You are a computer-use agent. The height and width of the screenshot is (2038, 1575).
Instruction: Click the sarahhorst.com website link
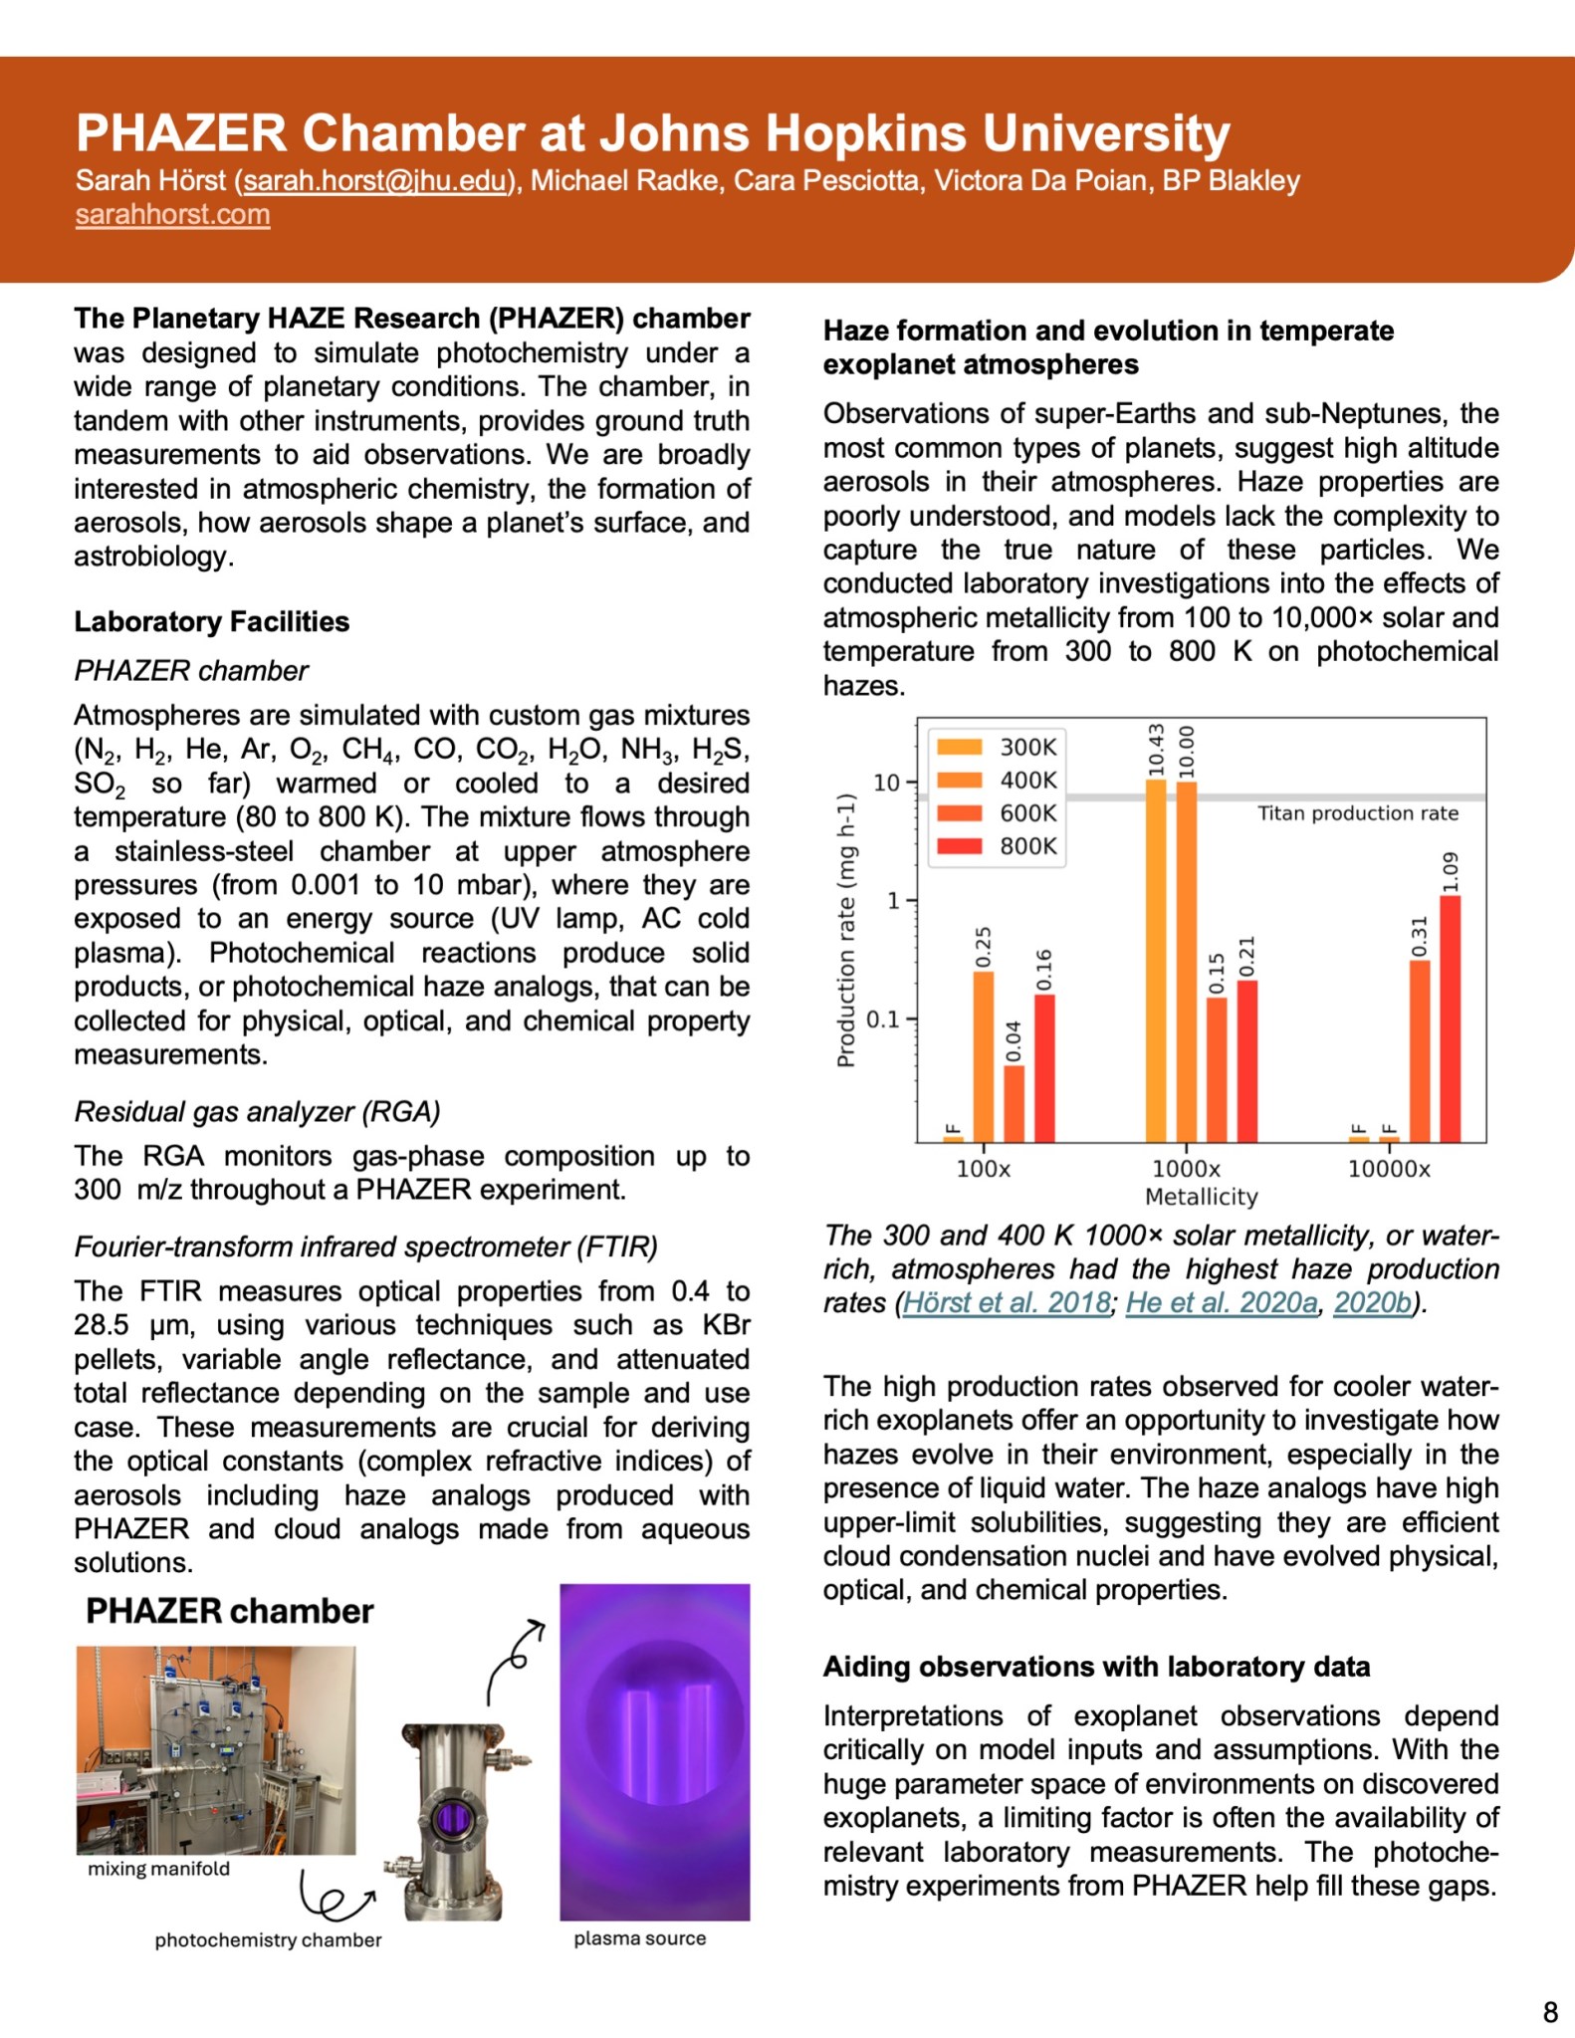pos(172,214)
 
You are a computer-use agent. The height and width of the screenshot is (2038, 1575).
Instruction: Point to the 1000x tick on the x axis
pos(1186,1169)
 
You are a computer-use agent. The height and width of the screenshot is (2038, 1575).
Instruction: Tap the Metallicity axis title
pos(1201,1197)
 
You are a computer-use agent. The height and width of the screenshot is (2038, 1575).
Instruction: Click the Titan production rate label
pos(1357,813)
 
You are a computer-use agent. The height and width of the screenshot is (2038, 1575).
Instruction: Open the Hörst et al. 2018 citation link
pos(1006,1302)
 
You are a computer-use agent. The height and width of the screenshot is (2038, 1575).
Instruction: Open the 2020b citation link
pos(1372,1302)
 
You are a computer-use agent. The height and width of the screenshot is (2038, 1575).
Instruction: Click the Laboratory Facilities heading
pos(211,622)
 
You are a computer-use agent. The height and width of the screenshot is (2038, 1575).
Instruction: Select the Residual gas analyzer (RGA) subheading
pos(257,1112)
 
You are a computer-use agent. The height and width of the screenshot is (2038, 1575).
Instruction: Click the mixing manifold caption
pos(158,1869)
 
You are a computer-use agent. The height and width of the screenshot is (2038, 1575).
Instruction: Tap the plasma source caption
pos(639,1938)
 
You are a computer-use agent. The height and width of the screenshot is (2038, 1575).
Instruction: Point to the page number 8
pos(1549,2012)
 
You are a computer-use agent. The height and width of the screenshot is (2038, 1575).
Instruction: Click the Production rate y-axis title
pos(846,930)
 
